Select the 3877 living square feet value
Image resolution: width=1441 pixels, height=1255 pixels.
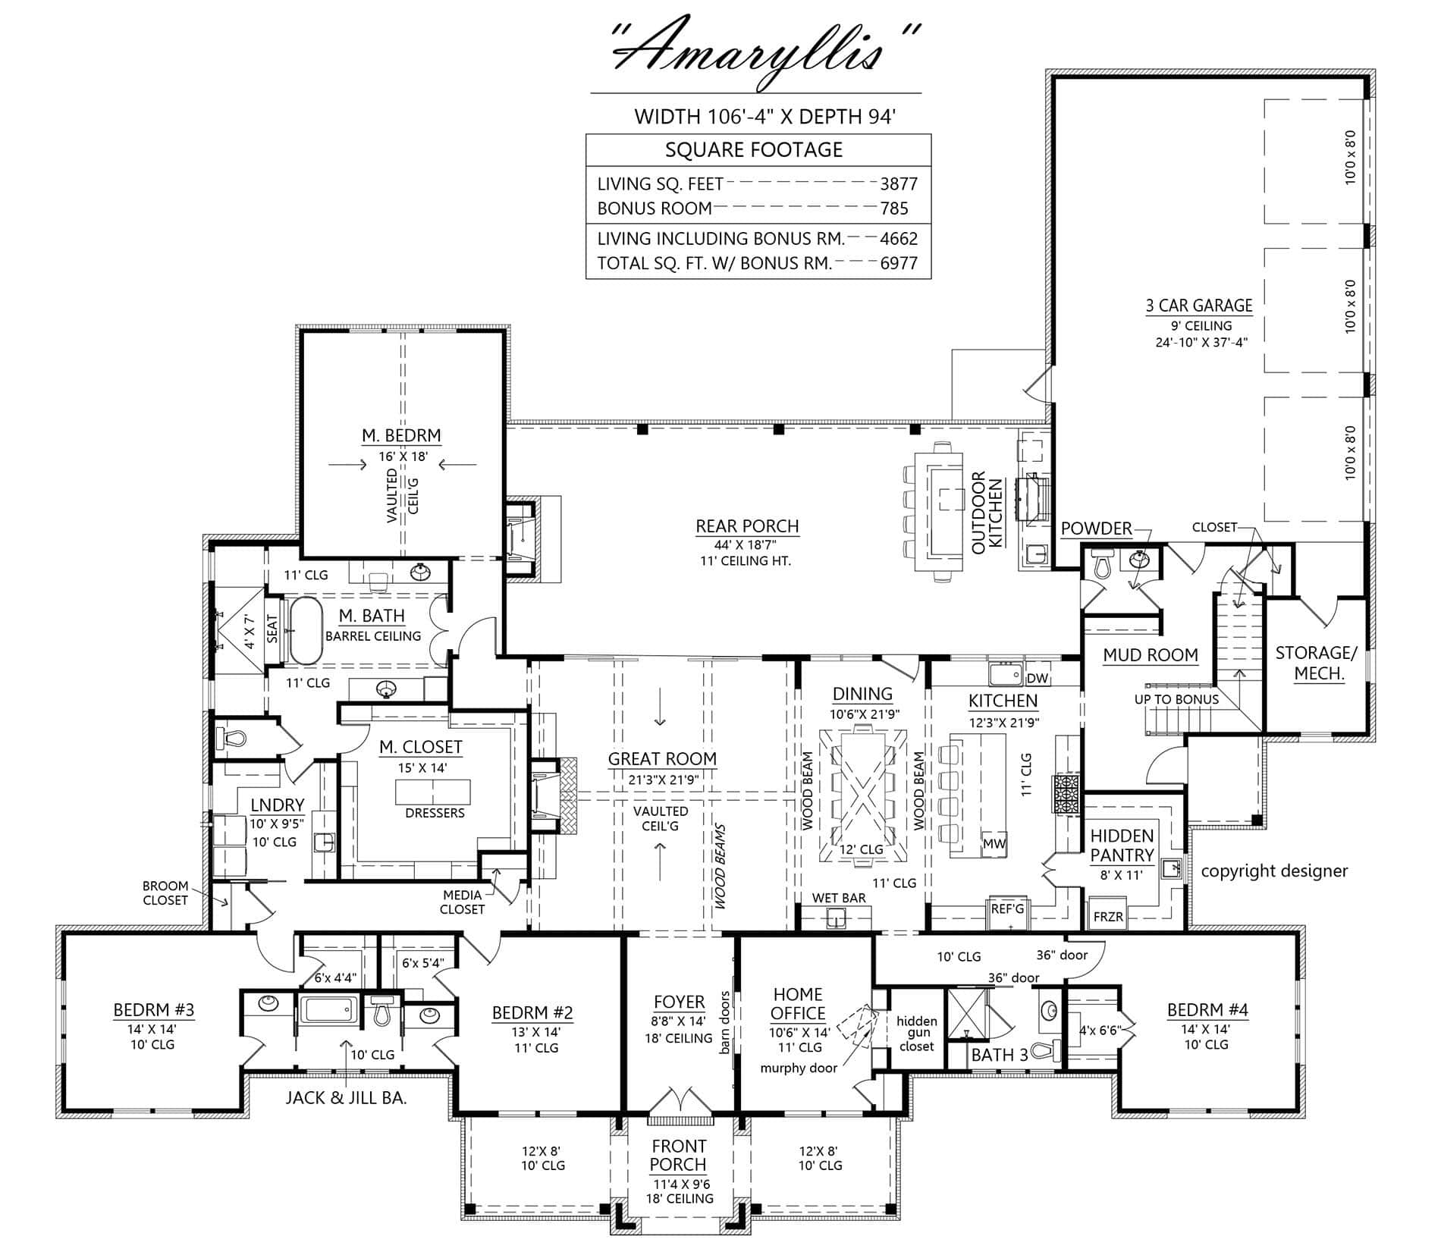[x=899, y=184]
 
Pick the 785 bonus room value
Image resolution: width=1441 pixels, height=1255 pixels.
[x=894, y=208]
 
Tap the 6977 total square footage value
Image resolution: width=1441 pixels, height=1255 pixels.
[x=899, y=263]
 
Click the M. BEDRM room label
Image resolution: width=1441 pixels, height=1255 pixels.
[x=401, y=435]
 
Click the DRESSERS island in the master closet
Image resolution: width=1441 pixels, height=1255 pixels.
[x=432, y=792]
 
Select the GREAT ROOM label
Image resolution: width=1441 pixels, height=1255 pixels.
[x=662, y=759]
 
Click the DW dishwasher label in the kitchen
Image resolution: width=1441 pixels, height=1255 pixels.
[x=1037, y=678]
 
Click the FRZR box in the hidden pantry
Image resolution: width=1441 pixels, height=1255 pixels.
[x=1108, y=916]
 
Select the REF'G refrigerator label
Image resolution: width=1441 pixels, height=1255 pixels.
[x=1007, y=908]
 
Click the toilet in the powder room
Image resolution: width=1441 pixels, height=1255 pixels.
[x=1102, y=564]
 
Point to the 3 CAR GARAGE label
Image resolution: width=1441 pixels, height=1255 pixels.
[x=1199, y=306]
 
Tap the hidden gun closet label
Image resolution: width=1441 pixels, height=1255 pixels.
[x=916, y=1034]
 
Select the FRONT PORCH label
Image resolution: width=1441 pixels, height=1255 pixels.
[x=679, y=1155]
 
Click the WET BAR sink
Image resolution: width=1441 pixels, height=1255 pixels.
[x=837, y=920]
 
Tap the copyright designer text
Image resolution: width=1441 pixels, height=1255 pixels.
[x=1274, y=871]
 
